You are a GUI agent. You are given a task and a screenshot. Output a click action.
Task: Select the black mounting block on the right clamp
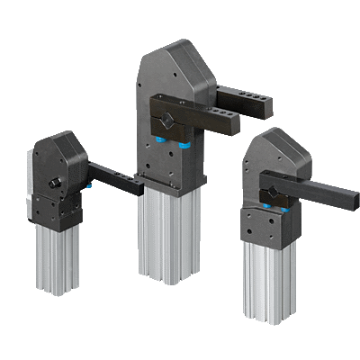(x=265, y=225)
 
